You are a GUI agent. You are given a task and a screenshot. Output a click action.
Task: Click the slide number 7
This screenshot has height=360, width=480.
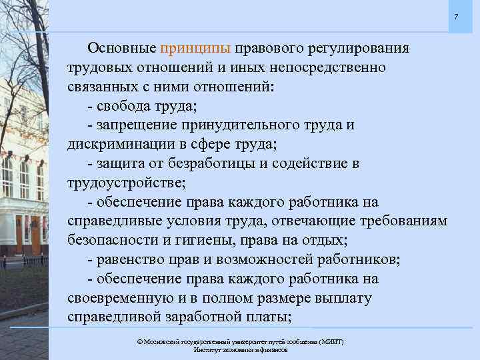tap(456, 15)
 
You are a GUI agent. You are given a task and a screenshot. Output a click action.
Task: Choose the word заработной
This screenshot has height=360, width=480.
tap(207, 316)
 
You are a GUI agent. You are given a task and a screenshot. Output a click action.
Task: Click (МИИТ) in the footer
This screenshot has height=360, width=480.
tap(331, 341)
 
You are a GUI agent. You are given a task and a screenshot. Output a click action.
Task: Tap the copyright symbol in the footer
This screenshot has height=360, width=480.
tap(139, 341)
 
